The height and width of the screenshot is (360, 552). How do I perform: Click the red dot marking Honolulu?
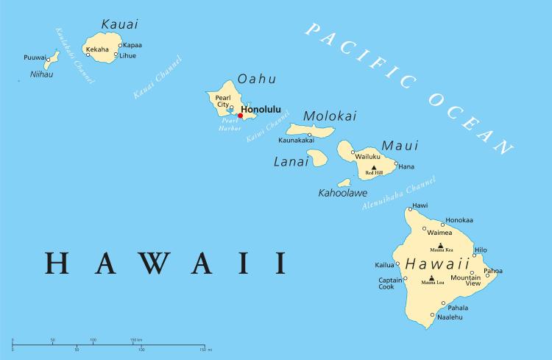coord(241,116)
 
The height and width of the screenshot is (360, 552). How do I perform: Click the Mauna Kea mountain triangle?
coord(440,245)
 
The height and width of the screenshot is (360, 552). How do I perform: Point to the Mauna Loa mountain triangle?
coord(431,278)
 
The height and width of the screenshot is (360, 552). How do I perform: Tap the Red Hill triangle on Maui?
coord(374,168)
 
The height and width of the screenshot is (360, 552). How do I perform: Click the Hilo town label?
coord(480,250)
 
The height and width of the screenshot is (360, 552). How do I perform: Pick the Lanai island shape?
coord(317,158)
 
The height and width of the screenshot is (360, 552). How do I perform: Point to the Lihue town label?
coord(127,55)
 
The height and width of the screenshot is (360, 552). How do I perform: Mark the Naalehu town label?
coord(450,317)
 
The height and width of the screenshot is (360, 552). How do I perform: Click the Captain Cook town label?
coord(390,283)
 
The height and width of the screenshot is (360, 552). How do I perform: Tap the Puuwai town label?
coord(34,57)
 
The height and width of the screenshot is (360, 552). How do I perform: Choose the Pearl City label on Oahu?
coord(223,101)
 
